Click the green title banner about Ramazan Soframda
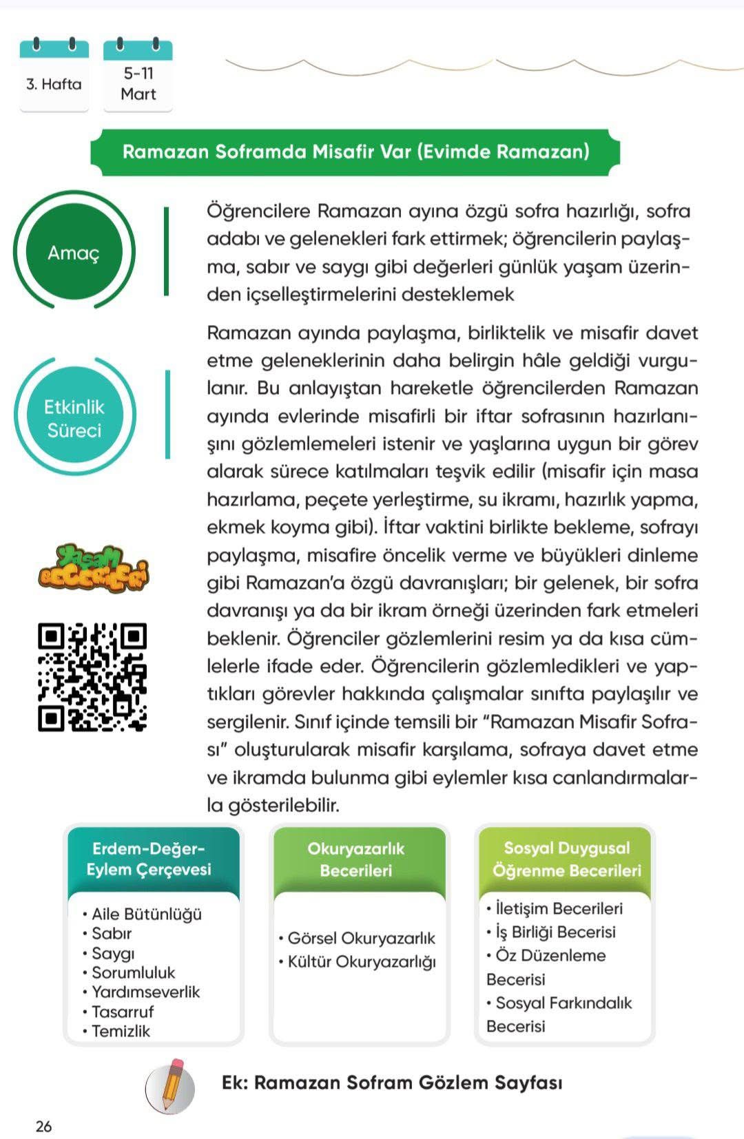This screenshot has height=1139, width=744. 355,151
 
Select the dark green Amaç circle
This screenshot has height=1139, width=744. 74,253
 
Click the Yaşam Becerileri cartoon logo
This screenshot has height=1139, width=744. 93,569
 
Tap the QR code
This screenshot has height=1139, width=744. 92,676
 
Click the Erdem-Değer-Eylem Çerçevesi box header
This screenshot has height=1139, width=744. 149,859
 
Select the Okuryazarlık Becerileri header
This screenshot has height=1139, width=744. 356,859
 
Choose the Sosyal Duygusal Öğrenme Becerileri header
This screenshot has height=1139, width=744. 566,859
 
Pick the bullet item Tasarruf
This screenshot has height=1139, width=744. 123,1012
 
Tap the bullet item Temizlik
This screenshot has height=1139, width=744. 121,1031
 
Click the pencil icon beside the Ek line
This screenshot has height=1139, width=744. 170,1086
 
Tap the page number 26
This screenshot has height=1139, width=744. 43,1127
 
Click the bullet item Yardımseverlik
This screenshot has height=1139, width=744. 145,992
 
